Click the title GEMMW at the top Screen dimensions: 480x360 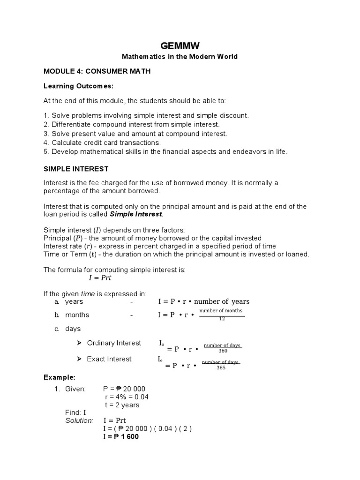click(x=180, y=45)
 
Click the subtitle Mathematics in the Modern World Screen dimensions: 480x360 click(x=180, y=57)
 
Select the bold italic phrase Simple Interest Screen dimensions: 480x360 click(x=136, y=214)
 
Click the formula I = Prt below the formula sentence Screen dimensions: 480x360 click(x=100, y=278)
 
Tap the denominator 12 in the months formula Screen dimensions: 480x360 click(x=222, y=319)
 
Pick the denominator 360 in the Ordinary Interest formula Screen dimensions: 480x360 click(x=222, y=351)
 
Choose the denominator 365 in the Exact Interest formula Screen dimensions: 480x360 click(x=221, y=368)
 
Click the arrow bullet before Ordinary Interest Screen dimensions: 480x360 click(x=79, y=343)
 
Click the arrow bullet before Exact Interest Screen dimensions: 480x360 click(x=79, y=359)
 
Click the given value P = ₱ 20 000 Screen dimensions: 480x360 click(x=124, y=389)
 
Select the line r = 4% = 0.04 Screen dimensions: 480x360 click(x=127, y=397)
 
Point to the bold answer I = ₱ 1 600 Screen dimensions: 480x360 click(x=120, y=437)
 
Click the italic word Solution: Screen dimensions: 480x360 click(x=79, y=421)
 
